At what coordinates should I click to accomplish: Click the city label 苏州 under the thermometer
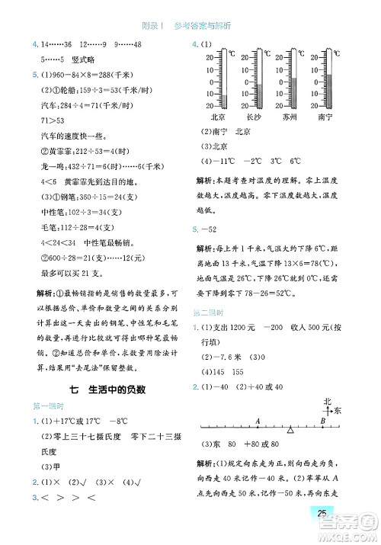(290, 118)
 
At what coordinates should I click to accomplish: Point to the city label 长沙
(254, 118)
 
